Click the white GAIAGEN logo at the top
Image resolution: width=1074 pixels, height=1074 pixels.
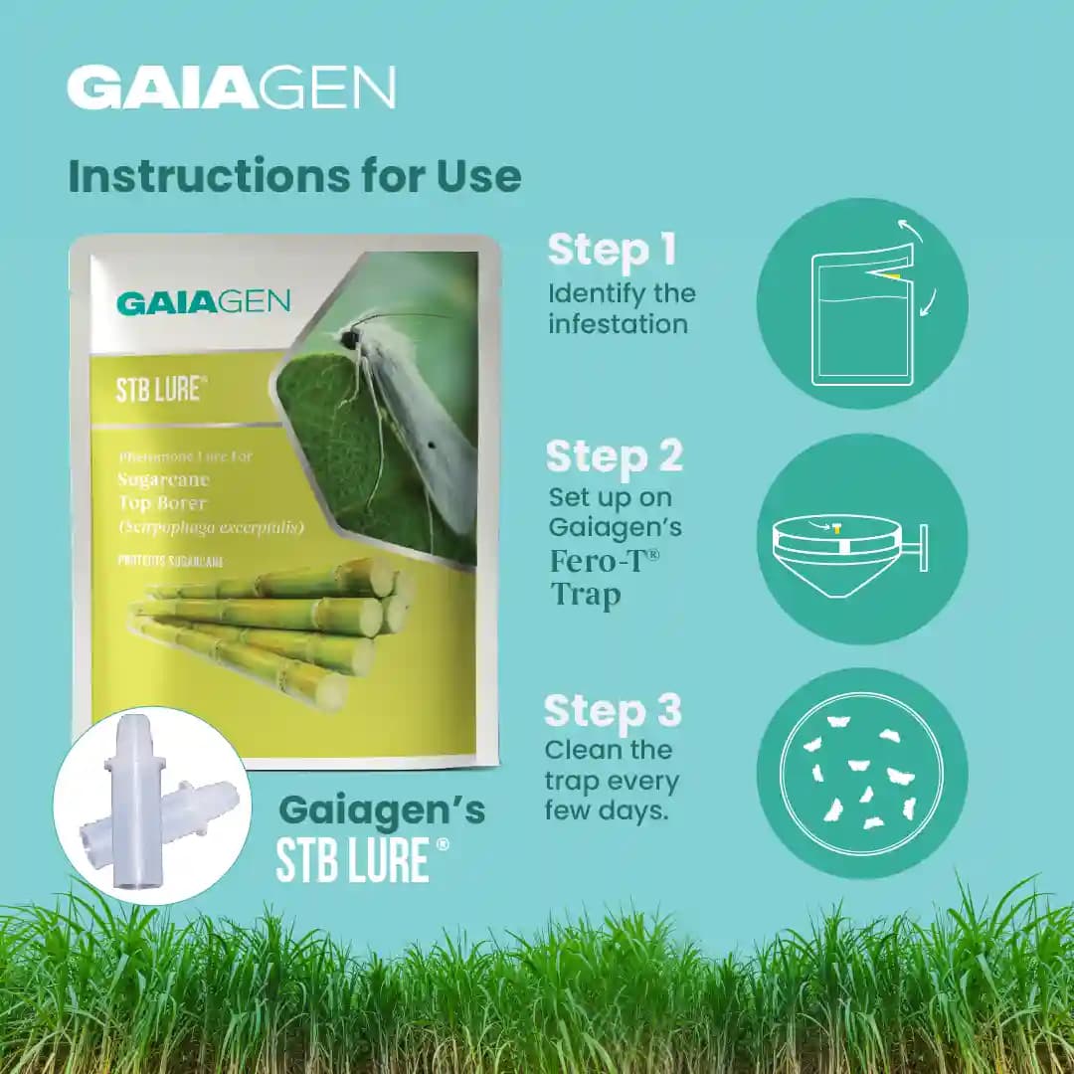231,88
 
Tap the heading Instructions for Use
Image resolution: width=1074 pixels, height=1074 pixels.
294,176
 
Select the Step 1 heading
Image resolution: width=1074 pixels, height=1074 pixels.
612,251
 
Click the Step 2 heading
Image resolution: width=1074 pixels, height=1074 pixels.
615,455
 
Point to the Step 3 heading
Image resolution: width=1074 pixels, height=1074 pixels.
613,712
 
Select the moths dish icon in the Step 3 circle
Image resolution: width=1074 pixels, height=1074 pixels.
861,773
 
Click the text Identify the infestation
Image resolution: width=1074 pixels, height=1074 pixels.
622,309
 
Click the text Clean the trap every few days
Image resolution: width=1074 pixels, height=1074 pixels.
611,780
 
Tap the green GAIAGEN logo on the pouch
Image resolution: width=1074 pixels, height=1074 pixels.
203,303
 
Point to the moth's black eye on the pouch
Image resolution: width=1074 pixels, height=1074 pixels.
350,339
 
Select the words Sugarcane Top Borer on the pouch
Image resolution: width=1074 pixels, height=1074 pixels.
164,491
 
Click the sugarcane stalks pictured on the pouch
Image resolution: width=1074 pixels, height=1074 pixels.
268,626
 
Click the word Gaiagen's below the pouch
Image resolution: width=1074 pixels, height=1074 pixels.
382,810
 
